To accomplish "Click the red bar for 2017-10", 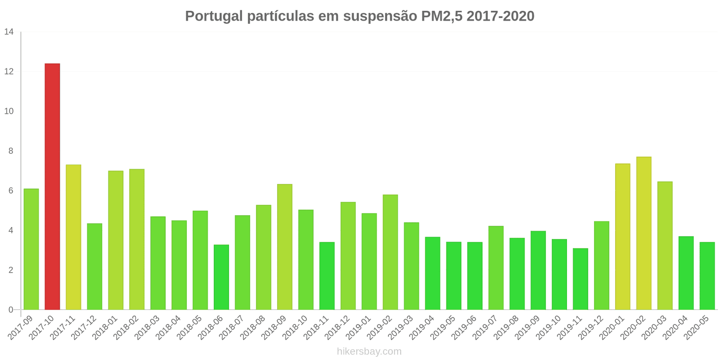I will point(52,187).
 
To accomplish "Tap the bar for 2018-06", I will point(221,277).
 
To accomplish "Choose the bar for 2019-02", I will point(390,252).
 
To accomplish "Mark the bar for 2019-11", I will point(580,279).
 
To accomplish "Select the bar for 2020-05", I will point(707,276).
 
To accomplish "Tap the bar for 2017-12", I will point(94,266).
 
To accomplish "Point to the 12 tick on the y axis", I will point(9,72).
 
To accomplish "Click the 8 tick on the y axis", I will point(11,151).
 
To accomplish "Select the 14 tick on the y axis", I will point(9,32).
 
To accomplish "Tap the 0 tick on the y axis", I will point(11,310).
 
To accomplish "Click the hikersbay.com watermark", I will point(369,351).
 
